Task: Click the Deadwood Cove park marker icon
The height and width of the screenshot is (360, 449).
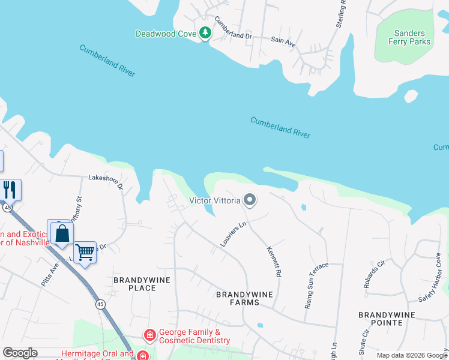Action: (x=205, y=33)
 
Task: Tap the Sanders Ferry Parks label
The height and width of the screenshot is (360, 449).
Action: (x=410, y=38)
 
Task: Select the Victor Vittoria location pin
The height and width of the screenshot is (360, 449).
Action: (x=249, y=200)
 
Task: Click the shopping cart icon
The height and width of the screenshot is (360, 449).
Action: (x=85, y=253)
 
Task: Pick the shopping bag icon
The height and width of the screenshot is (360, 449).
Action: (x=61, y=233)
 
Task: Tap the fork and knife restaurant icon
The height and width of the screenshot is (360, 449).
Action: (x=10, y=190)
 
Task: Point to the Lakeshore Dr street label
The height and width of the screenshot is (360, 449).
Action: (x=105, y=182)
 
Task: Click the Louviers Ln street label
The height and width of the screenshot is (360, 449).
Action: (x=234, y=234)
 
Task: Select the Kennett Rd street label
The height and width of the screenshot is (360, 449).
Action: (x=274, y=262)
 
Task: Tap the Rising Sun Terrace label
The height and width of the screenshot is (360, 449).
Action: (x=316, y=284)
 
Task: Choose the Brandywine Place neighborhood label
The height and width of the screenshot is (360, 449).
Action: (x=142, y=284)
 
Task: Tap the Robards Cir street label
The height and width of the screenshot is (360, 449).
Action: (x=374, y=274)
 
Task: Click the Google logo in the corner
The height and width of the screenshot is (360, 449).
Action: (x=20, y=353)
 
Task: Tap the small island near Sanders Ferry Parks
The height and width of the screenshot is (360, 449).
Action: (x=411, y=95)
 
